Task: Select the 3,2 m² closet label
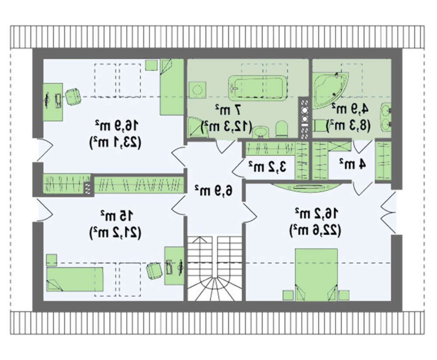(267, 167)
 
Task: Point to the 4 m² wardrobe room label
(352, 164)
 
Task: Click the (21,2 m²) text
(115, 232)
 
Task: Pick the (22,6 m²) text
(315, 231)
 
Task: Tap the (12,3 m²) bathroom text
(226, 126)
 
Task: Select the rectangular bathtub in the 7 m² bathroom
(258, 88)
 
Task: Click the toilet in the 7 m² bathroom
(281, 129)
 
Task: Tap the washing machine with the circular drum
(198, 90)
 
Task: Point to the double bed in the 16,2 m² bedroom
(316, 275)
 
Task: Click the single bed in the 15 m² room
(75, 280)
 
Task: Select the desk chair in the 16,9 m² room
(73, 97)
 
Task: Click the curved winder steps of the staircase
(214, 289)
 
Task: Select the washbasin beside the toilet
(260, 132)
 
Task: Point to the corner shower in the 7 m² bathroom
(197, 127)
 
